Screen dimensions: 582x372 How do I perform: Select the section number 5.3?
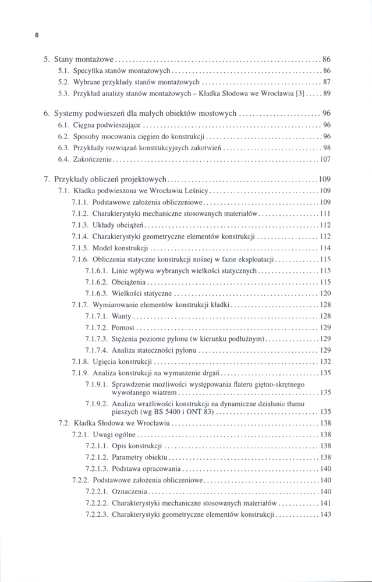pos(64,93)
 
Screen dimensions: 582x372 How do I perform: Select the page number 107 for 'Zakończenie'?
pos(325,159)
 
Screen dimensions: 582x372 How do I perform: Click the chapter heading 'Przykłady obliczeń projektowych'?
pos(111,179)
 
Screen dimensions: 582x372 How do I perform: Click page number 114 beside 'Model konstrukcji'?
pos(325,247)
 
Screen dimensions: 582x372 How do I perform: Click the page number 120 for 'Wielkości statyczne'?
pos(325,293)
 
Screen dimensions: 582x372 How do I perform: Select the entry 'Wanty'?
pos(122,316)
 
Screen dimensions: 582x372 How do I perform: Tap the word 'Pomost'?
pos(123,327)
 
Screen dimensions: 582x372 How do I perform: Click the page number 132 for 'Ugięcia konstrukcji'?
pos(325,361)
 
